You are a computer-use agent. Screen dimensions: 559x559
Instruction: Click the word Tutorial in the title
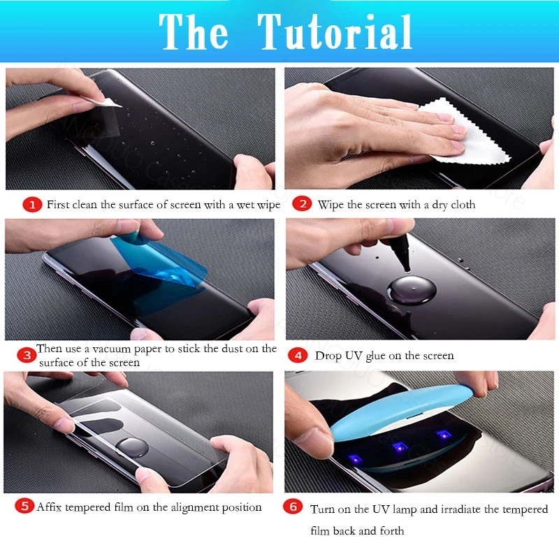[x=335, y=31]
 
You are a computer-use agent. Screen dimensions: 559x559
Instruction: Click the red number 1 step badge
[x=31, y=205]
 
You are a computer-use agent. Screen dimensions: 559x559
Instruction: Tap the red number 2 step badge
[x=302, y=205]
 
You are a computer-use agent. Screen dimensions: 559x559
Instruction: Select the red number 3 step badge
[x=27, y=355]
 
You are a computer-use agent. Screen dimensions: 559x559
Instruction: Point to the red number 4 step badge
[x=298, y=355]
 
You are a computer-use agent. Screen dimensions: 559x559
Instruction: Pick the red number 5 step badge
[x=24, y=507]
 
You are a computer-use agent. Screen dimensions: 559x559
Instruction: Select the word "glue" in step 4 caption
[x=379, y=356]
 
